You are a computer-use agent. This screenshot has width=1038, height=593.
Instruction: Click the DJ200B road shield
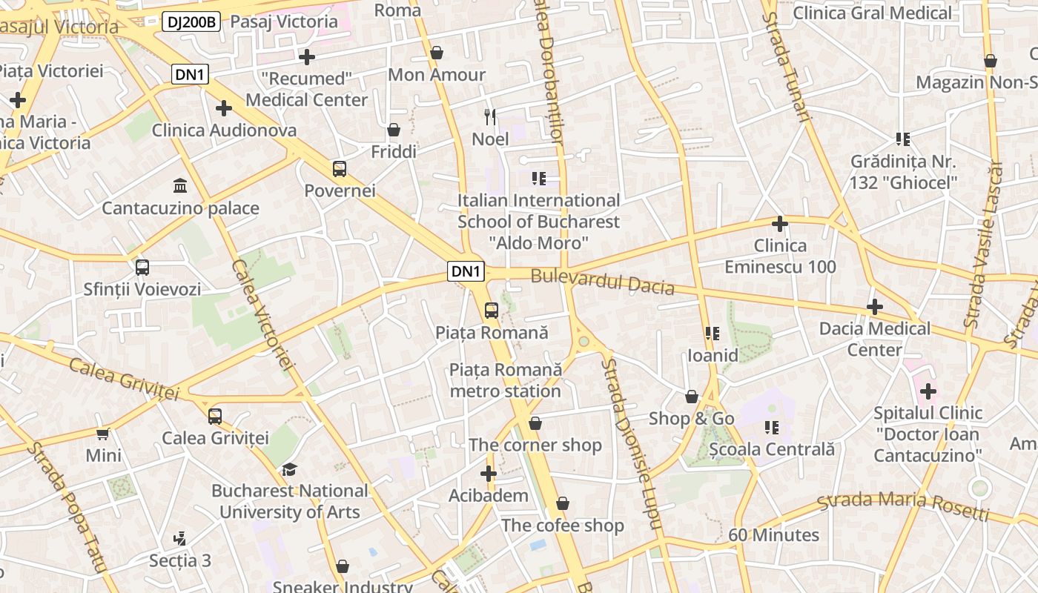[191, 21]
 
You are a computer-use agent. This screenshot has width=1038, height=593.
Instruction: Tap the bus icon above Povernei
[340, 168]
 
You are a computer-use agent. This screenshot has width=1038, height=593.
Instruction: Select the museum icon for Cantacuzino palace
[180, 185]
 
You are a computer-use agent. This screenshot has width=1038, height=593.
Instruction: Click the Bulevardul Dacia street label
[602, 282]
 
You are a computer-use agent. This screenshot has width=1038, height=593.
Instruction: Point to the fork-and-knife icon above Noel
[490, 116]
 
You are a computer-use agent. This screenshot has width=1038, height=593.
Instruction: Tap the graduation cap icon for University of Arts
[289, 469]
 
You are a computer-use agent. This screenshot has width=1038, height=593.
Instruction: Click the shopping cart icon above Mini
[103, 434]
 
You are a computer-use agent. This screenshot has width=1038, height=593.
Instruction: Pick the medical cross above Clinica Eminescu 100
[780, 223]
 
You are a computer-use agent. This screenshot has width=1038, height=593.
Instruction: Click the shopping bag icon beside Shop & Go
[692, 397]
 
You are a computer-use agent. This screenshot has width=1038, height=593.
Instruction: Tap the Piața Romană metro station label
[506, 380]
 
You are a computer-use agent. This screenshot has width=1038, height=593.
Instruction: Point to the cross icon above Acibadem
[489, 473]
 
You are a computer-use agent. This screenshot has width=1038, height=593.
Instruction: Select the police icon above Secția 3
[179, 537]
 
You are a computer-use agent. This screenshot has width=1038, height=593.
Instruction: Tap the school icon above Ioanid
[713, 334]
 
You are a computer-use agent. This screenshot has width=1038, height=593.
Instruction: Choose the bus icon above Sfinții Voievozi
[142, 267]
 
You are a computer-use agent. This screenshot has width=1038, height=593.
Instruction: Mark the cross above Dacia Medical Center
[875, 306]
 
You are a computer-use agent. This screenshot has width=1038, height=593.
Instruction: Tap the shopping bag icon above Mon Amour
[437, 53]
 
